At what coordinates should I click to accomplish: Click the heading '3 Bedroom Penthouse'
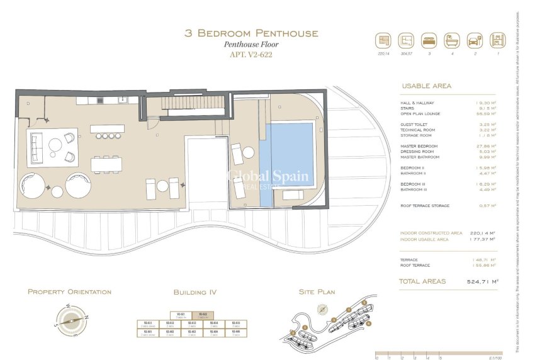(x=251, y=33)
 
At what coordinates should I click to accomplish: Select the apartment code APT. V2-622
(x=251, y=55)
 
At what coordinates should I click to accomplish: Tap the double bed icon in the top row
(x=429, y=40)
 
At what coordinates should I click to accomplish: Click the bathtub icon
(x=452, y=40)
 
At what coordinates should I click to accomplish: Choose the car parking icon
(x=475, y=40)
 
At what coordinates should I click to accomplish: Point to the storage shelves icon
(x=497, y=40)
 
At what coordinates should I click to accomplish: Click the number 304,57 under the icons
(x=406, y=54)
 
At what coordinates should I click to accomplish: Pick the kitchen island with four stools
(x=107, y=130)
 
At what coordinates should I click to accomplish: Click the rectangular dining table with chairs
(x=107, y=164)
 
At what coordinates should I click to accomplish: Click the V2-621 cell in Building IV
(x=180, y=315)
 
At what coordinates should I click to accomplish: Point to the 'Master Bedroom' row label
(x=419, y=146)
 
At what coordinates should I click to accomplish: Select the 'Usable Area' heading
(x=426, y=86)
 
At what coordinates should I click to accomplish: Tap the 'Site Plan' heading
(x=317, y=292)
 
